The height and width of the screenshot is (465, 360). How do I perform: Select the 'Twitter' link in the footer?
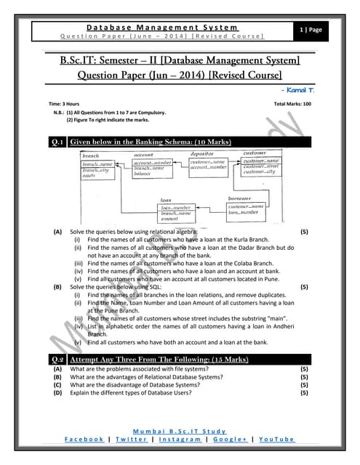click(x=131, y=440)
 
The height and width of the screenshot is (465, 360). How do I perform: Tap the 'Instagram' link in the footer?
click(x=180, y=440)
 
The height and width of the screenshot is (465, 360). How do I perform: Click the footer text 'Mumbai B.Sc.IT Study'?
click(x=180, y=431)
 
